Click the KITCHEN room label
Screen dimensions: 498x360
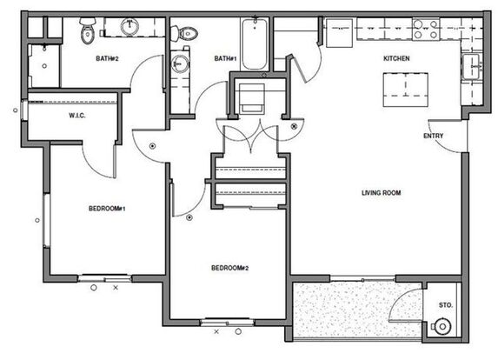pos(396,58)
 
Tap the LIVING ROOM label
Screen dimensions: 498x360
pos(382,192)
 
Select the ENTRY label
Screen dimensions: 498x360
pos(433,136)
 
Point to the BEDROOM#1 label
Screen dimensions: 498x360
pos(107,209)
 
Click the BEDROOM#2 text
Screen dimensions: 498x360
pos(230,268)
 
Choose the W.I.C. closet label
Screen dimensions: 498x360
pos(77,116)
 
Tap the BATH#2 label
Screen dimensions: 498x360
pos(108,58)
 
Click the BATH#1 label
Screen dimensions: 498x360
pos(225,58)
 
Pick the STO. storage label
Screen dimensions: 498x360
pos(446,305)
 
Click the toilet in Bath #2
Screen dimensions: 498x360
pos(88,30)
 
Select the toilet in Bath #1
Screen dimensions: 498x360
pos(185,33)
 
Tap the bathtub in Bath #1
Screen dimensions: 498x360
pos(255,44)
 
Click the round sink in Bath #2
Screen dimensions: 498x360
pos(129,27)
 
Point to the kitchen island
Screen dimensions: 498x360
pos(406,90)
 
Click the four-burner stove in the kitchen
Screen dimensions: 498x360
pos(426,30)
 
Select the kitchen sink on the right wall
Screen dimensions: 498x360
pos(471,67)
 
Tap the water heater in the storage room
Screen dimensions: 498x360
pos(442,326)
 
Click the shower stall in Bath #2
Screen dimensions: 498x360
pos(43,66)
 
